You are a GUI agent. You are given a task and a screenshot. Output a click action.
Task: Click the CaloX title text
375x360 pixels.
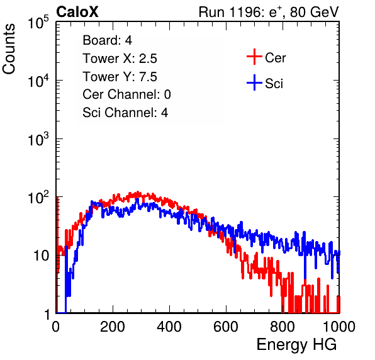click(77, 12)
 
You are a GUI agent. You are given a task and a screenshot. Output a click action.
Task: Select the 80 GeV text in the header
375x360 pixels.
click(314, 12)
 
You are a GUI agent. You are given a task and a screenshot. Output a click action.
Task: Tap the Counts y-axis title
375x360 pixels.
click(9, 49)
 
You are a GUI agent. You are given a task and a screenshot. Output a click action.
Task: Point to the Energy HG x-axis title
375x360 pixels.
click(296, 345)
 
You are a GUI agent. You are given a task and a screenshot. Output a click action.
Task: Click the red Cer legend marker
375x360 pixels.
click(254, 57)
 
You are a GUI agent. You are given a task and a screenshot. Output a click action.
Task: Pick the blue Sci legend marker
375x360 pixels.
click(254, 82)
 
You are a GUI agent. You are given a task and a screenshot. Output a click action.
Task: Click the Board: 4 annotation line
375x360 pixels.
click(107, 40)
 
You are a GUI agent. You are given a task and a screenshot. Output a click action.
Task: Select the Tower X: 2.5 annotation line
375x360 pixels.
click(120, 59)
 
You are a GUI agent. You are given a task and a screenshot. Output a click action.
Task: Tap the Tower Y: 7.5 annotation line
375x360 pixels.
click(120, 77)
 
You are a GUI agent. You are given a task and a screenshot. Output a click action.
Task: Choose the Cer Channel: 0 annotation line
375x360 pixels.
click(126, 94)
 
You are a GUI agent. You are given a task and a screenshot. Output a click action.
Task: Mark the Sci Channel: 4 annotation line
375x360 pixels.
click(125, 113)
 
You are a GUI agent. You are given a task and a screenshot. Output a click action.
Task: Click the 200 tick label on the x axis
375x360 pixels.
click(113, 327)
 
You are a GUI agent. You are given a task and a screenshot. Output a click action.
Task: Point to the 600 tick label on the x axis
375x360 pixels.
click(226, 327)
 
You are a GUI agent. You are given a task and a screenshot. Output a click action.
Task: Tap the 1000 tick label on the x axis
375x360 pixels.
click(339, 327)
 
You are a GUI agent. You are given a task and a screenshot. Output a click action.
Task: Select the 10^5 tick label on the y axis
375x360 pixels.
click(38, 23)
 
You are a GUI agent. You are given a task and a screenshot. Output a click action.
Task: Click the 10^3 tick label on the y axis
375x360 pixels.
click(38, 140)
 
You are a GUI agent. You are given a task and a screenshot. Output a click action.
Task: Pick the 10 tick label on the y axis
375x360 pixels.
click(42, 256)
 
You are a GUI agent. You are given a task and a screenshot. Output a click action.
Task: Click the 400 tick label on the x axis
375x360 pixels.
click(169, 327)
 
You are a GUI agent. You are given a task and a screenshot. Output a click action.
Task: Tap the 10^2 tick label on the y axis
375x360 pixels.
click(38, 198)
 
